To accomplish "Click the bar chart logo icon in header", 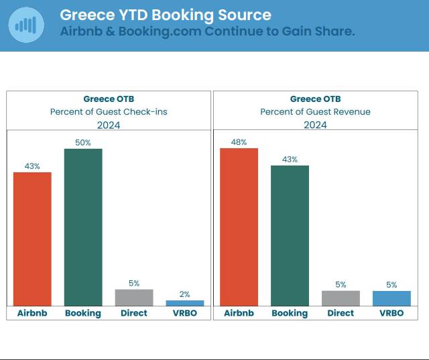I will (26, 25).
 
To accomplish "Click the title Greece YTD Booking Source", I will (166, 15).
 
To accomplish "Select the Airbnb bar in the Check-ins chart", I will (32, 239).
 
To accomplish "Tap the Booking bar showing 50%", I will (83, 227).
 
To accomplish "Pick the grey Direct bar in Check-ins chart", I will (134, 298).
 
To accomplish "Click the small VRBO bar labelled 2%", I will (184, 303).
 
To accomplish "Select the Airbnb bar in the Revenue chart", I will (239, 227).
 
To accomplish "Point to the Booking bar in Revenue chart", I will (290, 235).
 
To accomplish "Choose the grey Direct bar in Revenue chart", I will (341, 298).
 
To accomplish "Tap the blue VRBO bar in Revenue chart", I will (391, 298).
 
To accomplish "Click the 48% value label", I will (239, 142).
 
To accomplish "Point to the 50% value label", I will (83, 143).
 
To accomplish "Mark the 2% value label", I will (184, 294).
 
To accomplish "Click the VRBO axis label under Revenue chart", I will (391, 313).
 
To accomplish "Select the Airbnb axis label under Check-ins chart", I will (32, 313).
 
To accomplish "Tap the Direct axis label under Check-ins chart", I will (134, 313).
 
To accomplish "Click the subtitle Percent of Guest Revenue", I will (315, 112).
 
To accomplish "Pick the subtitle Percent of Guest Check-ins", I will (109, 112).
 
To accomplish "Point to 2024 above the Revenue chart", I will (315, 125).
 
